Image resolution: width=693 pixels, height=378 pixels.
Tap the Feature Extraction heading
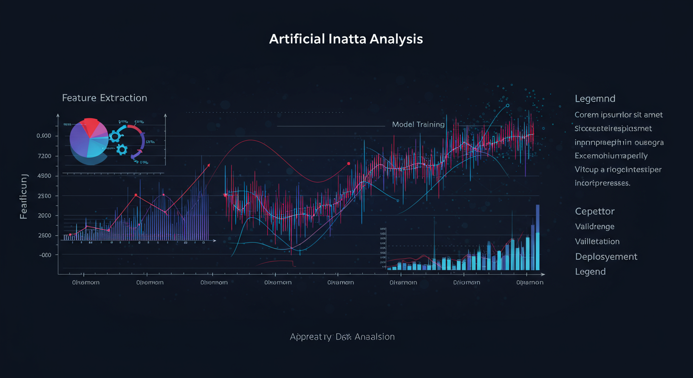[x=104, y=98]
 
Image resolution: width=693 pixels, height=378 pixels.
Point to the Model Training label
[x=418, y=125]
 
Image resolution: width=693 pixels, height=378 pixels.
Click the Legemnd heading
[x=595, y=99]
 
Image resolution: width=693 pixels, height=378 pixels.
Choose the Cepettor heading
[x=595, y=211]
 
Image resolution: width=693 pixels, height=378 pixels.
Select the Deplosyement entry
[x=606, y=256]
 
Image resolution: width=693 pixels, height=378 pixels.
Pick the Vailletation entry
[x=597, y=242]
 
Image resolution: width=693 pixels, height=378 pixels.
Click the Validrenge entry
[x=595, y=226]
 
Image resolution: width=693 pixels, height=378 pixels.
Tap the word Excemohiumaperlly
[x=611, y=156]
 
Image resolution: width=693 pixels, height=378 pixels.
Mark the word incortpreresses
[x=602, y=183]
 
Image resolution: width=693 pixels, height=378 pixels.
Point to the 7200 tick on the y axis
[x=44, y=156]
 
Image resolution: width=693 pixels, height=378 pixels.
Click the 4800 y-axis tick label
[x=44, y=176]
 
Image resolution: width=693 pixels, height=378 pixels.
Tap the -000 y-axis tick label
[x=44, y=255]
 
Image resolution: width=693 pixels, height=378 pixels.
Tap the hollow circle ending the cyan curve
[x=507, y=105]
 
